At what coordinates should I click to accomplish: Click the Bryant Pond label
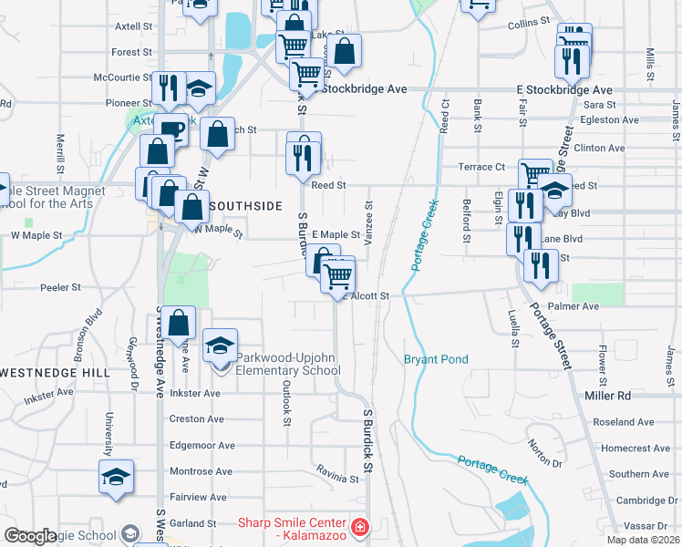click(436, 359)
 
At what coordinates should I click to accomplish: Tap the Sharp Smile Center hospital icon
click(360, 528)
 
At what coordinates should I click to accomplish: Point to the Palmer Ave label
click(573, 306)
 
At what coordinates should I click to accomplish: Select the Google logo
click(30, 536)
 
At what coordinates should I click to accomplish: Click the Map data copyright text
click(643, 540)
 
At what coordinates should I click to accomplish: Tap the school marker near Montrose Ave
click(116, 478)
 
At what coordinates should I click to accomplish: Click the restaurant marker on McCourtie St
click(168, 88)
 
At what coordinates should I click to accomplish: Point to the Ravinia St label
click(337, 478)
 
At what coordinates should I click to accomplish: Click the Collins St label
click(529, 20)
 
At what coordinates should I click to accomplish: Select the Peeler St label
click(61, 287)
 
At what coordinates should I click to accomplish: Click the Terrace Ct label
click(481, 167)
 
